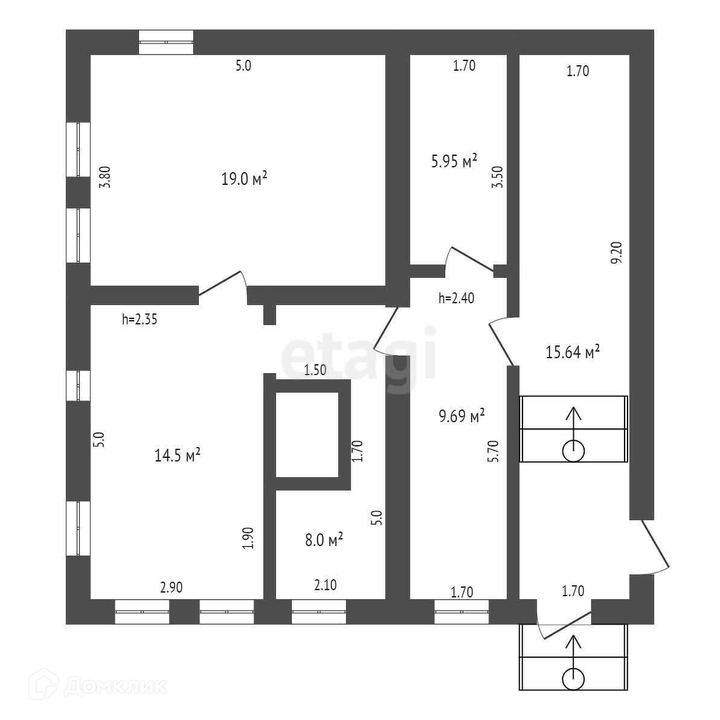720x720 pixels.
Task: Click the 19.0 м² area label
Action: pos(244,178)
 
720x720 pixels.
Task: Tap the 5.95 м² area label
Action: pos(454,161)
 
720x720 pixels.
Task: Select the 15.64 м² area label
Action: pos(573,352)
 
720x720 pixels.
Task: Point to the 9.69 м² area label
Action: pos(462,416)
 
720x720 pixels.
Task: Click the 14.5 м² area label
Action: pos(177,455)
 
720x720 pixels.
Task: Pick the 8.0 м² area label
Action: pos(324,539)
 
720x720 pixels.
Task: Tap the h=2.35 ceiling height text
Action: pos(140,319)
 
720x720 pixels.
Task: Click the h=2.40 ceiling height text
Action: pos(457,298)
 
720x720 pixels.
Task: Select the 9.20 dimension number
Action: pos(617,252)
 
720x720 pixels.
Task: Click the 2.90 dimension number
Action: pos(172,587)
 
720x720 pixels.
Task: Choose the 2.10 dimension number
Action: pos(325,585)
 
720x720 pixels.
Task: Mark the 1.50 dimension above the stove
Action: pos(315,370)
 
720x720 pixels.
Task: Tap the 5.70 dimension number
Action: pos(493,451)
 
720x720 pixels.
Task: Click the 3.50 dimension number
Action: pos(498,177)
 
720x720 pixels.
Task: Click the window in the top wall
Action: pos(166,42)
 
